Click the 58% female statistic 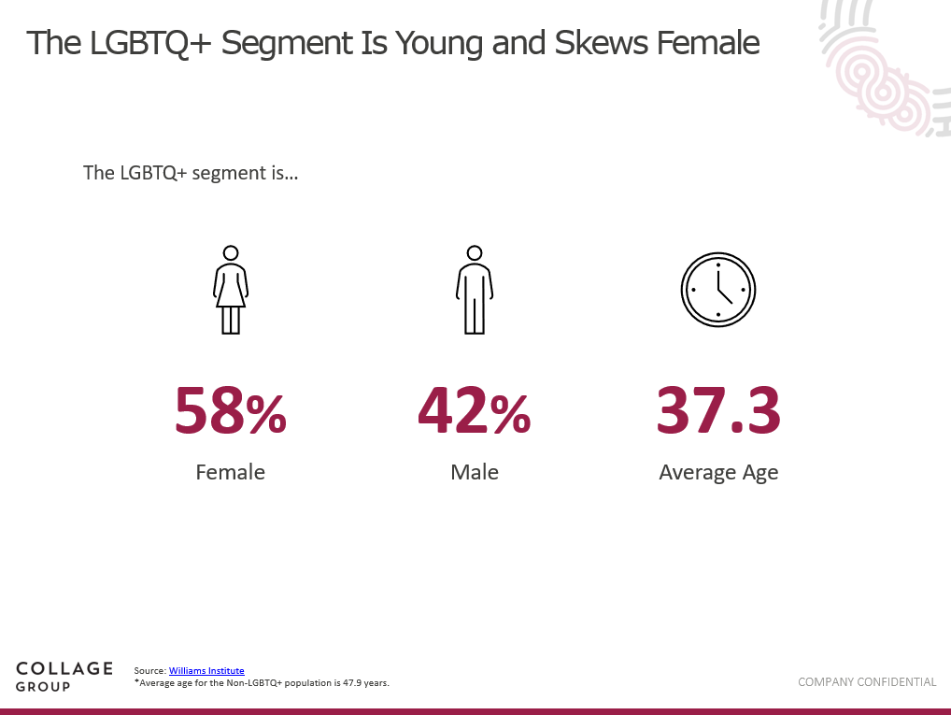[231, 410]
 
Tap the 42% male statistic [475, 410]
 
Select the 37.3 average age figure [718, 410]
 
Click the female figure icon [231, 290]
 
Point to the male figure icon [475, 290]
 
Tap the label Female [231, 472]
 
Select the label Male [475, 472]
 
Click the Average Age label [718, 473]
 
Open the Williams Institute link [206, 671]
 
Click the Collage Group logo [64, 677]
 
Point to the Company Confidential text [867, 682]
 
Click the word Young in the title [438, 44]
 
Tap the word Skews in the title [601, 43]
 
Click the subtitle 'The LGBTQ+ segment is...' [191, 173]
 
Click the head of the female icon [231, 252]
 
